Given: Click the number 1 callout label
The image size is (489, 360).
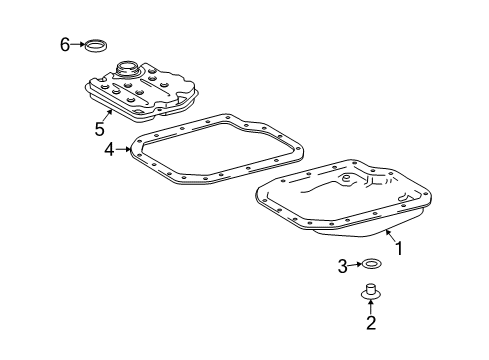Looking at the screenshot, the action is pyautogui.click(x=399, y=249).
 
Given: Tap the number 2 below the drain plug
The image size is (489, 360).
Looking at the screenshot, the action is pyautogui.click(x=370, y=323).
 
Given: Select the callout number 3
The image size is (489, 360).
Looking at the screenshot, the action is pyautogui.click(x=342, y=265).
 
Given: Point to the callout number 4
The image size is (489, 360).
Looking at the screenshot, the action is pyautogui.click(x=109, y=151).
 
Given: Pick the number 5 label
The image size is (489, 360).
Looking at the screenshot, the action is pyautogui.click(x=99, y=129).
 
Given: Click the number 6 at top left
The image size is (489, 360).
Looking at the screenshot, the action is pyautogui.click(x=65, y=44).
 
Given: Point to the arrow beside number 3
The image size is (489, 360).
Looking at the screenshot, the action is pyautogui.click(x=354, y=265).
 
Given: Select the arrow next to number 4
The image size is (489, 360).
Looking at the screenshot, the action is pyautogui.click(x=121, y=151).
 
